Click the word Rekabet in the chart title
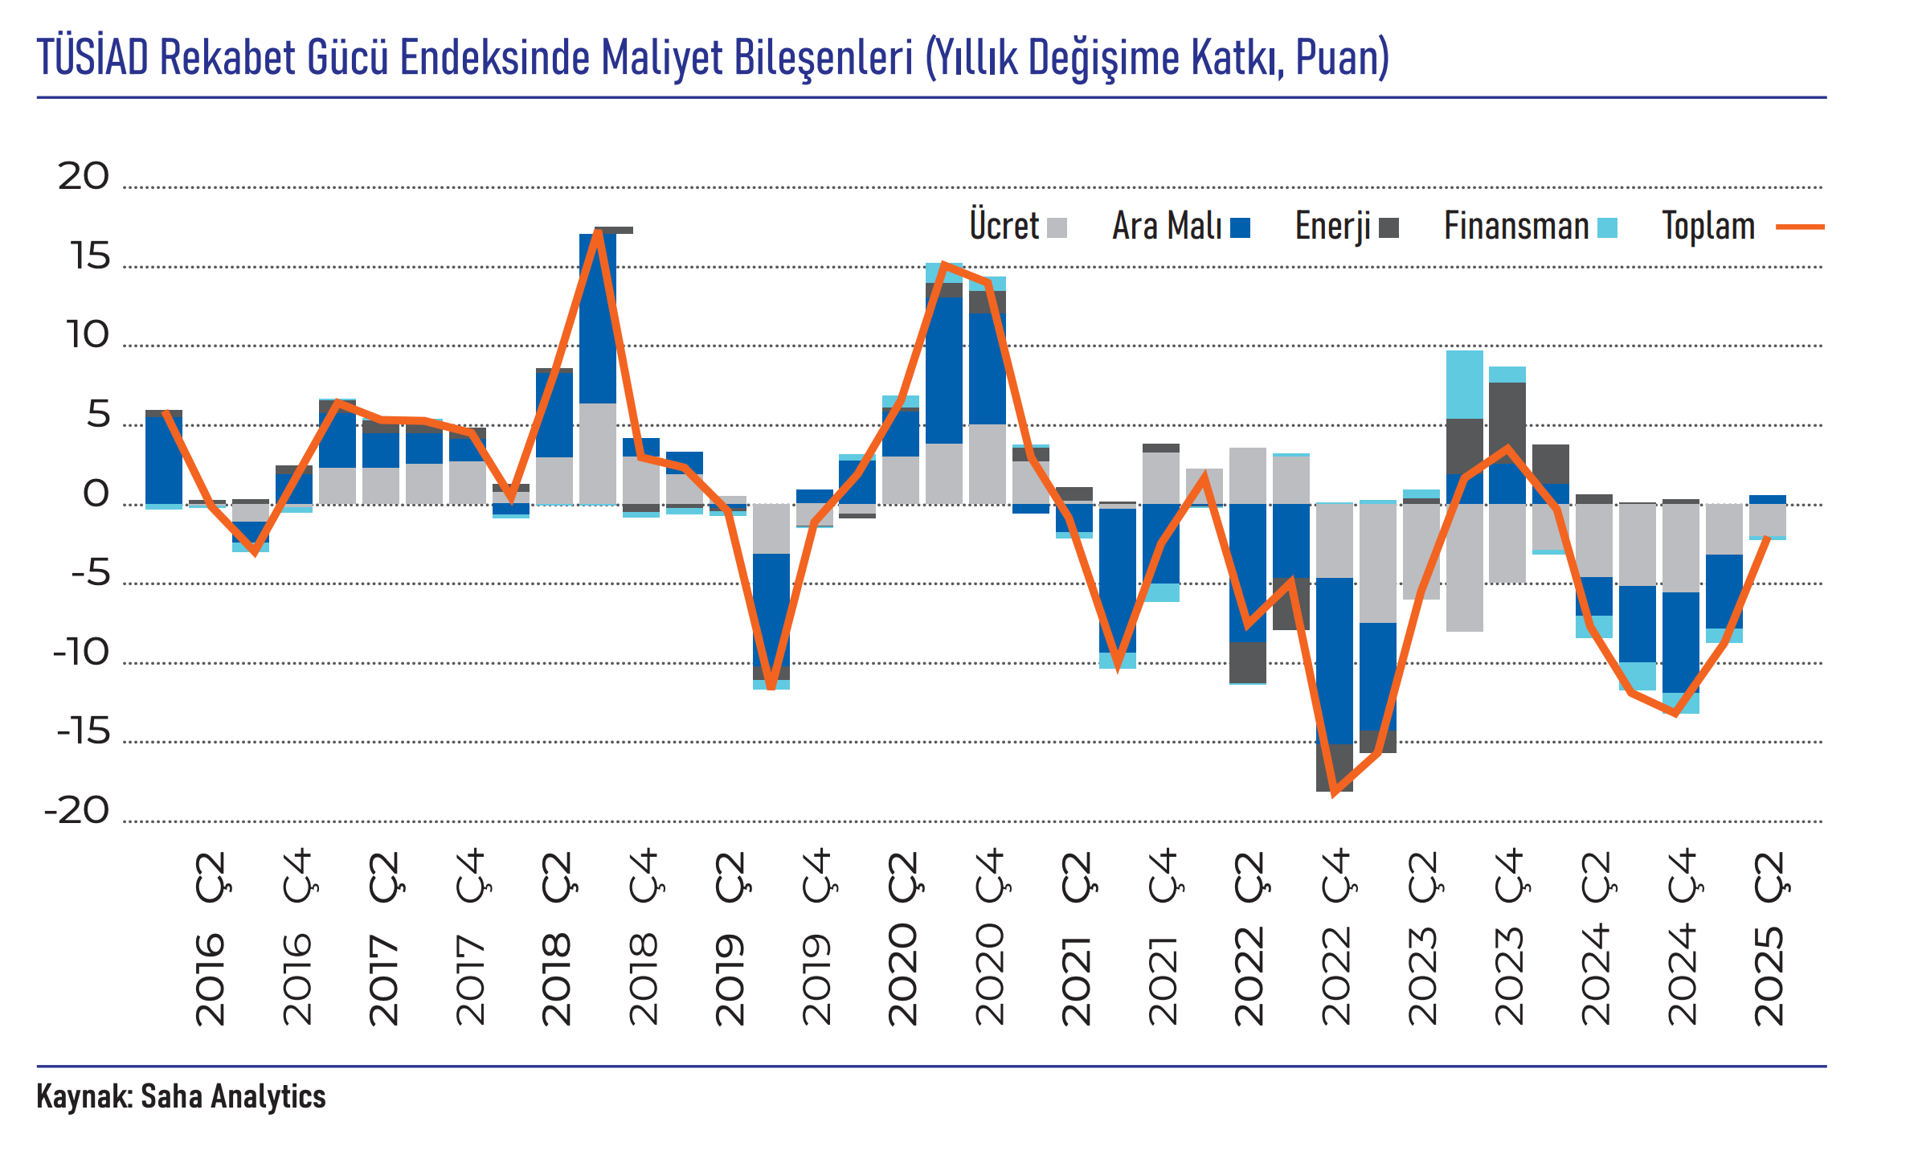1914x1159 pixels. [227, 57]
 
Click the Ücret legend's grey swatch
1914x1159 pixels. [1057, 228]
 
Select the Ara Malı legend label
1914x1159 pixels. [1167, 226]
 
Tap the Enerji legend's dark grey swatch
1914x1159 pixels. [1388, 228]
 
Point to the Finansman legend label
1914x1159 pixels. [1516, 226]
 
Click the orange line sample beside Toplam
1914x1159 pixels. [1800, 227]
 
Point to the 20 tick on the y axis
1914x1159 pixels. [84, 177]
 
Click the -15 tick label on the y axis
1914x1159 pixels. [84, 732]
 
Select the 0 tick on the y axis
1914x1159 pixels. [96, 494]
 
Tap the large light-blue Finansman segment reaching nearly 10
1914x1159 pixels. [1464, 384]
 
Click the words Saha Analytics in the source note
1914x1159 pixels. [233, 1096]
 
